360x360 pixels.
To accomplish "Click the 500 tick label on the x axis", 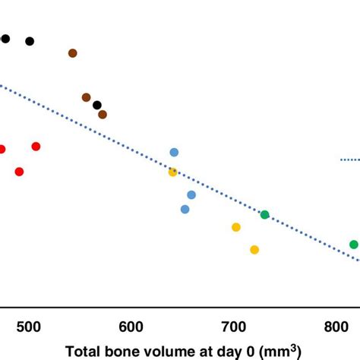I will point(28,327).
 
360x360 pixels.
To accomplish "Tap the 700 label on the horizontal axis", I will point(235,327).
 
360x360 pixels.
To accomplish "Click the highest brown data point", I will point(73,53).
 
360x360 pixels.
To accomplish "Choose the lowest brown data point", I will point(103,115).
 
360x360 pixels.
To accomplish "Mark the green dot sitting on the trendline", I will point(265,215).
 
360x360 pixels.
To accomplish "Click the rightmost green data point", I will point(354,245).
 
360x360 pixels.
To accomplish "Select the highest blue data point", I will point(174,153).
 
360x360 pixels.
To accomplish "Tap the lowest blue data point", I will point(185,209).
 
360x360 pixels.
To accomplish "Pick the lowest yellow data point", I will point(254,249).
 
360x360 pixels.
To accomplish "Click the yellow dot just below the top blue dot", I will point(172,172).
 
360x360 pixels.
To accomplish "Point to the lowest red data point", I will point(20,172).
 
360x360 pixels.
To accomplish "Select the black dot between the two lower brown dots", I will point(97,105).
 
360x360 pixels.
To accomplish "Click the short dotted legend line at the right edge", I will point(349,159).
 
